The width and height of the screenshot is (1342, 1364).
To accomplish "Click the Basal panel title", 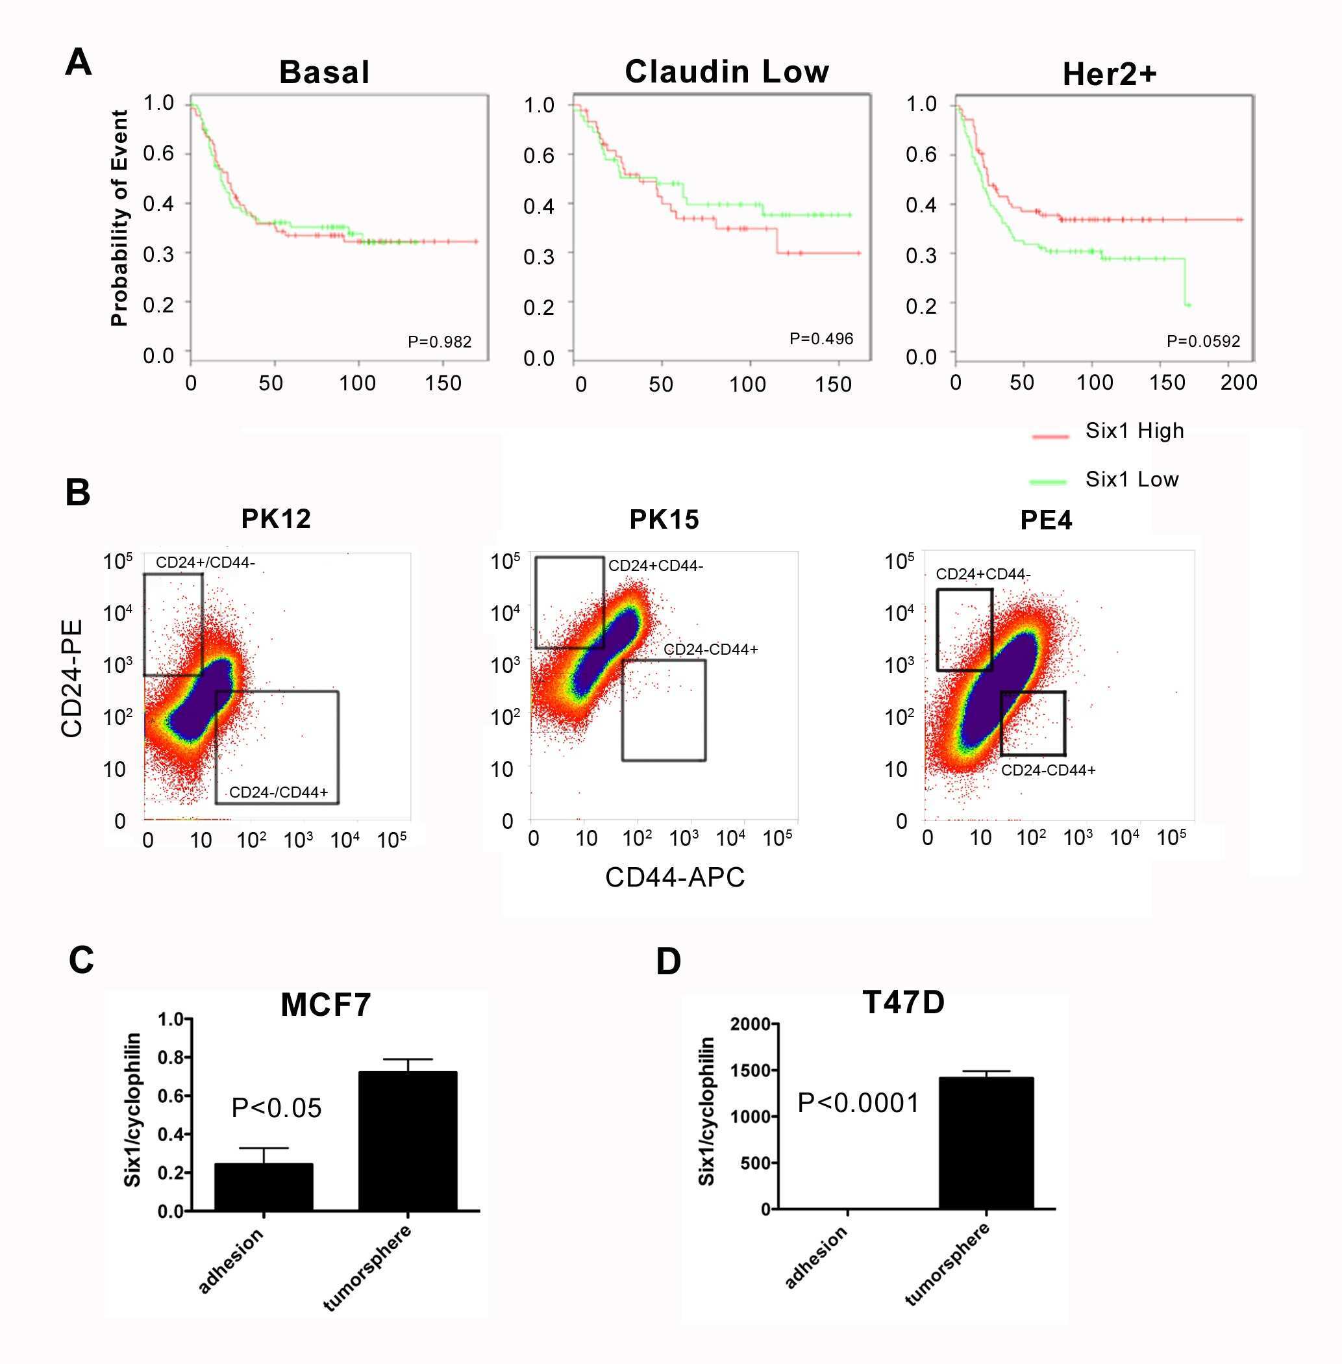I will point(324,73).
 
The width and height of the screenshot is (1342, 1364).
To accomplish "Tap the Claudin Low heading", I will point(727,72).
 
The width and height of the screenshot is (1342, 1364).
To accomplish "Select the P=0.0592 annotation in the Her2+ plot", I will point(1203,342).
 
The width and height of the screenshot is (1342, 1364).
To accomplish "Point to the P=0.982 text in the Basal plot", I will point(439,342).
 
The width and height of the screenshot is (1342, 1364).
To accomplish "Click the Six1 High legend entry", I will point(1134,431).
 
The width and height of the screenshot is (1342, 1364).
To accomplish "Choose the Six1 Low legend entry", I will point(1131,479).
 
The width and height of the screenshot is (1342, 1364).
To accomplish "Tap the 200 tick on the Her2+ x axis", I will point(1238,383).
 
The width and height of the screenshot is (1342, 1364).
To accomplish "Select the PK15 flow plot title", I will point(664,520).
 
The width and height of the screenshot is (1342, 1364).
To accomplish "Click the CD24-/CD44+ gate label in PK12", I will point(279,792).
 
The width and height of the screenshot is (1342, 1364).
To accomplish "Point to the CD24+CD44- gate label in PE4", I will point(982,574).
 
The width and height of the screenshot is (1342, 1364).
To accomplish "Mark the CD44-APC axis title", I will point(675,878).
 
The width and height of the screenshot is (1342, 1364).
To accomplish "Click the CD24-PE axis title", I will point(73,679).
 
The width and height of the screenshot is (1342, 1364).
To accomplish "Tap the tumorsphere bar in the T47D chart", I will point(986,1143).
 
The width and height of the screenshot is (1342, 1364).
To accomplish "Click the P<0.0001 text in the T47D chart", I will point(858,1103).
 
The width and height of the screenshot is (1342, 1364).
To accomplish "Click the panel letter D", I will point(668,961).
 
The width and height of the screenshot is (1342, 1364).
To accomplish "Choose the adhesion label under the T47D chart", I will point(816,1257).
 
